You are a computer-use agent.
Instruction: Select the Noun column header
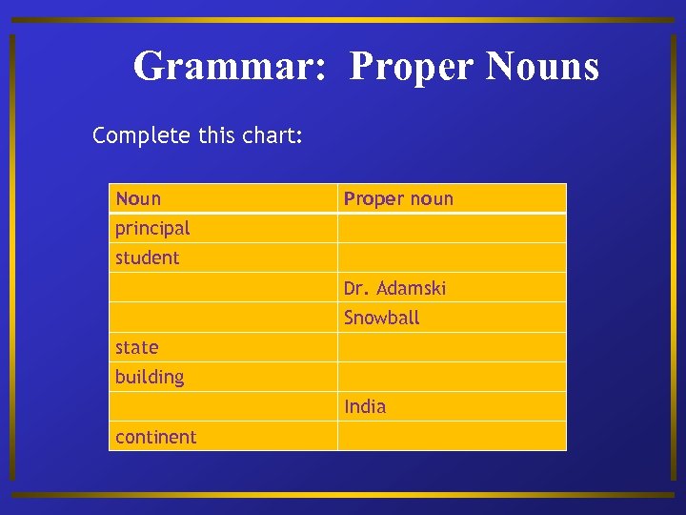tap(138, 198)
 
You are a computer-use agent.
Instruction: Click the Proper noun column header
tap(398, 198)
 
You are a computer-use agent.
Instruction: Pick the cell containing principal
tap(152, 228)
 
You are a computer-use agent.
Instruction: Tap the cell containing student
tap(147, 257)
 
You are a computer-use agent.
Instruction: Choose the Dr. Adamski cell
tap(394, 288)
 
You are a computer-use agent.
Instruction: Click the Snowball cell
tap(381, 318)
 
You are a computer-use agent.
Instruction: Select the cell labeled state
tap(136, 347)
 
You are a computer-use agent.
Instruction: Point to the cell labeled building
tap(150, 377)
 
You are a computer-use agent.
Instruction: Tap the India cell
tap(365, 406)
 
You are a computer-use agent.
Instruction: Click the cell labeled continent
tap(155, 437)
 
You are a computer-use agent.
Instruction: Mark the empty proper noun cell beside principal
tap(452, 228)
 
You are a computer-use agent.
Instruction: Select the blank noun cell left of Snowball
tap(223, 318)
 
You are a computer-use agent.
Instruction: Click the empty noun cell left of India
tap(223, 406)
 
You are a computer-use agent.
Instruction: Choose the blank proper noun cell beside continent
tap(452, 437)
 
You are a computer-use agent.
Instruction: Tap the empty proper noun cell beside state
tap(452, 347)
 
